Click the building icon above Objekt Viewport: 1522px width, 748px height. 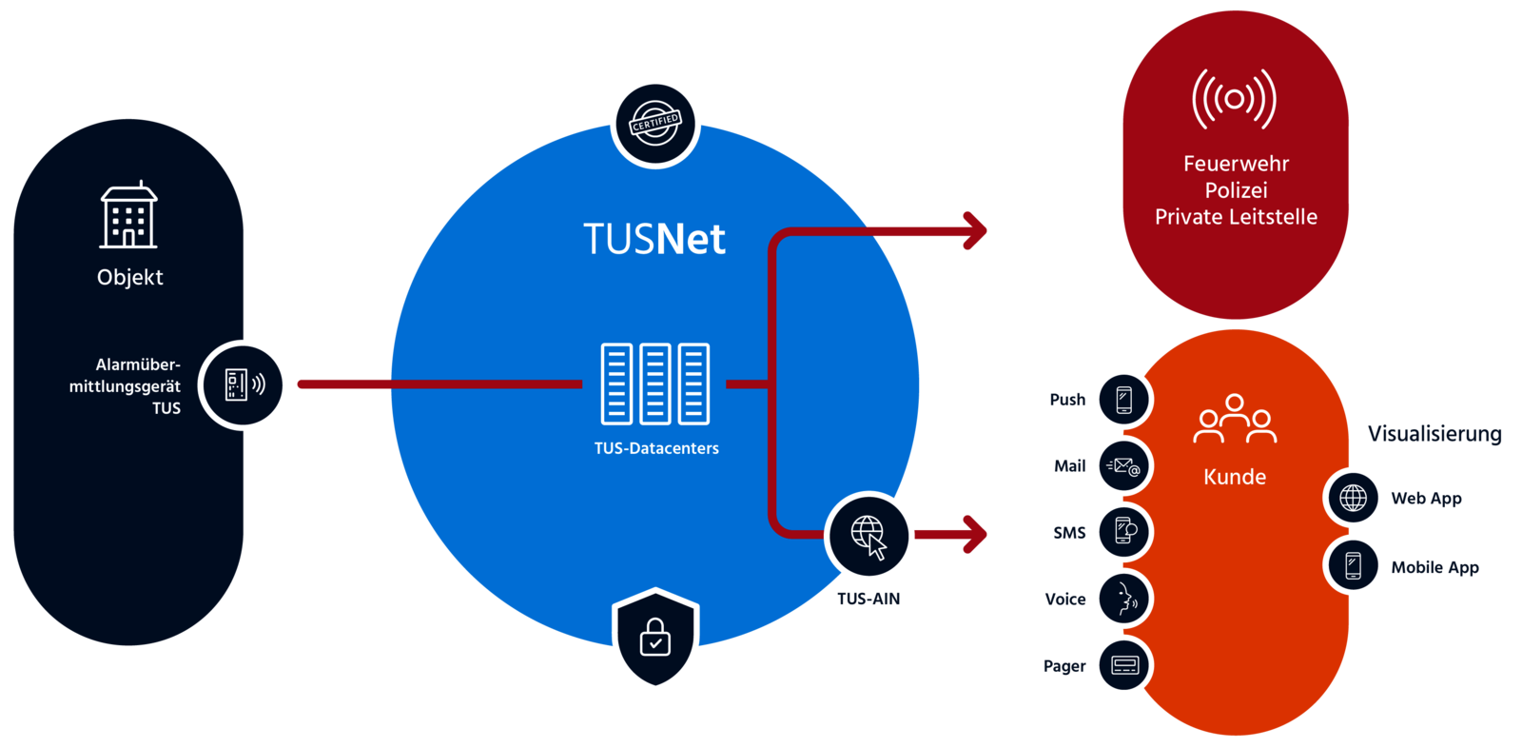click(x=129, y=216)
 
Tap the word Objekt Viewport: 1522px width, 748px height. click(x=130, y=278)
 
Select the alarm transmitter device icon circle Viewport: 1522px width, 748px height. click(x=244, y=384)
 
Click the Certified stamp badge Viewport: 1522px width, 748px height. click(x=655, y=124)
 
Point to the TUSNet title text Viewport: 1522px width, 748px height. click(x=654, y=239)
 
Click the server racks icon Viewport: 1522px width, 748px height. click(x=655, y=384)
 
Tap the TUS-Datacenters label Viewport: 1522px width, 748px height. click(x=656, y=448)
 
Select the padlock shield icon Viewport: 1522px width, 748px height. click(x=655, y=638)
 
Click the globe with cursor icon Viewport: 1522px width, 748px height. click(x=868, y=536)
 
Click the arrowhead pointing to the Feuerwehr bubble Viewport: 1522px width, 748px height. click(x=975, y=230)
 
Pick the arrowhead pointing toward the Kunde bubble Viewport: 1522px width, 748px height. click(x=975, y=534)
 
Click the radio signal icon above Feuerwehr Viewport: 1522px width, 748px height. click(x=1234, y=99)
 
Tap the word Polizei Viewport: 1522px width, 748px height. click(x=1236, y=190)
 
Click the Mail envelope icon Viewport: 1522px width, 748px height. click(x=1123, y=466)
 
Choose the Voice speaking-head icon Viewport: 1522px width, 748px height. click(x=1123, y=599)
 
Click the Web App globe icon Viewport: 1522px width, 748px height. click(x=1354, y=497)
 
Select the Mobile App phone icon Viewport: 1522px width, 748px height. click(x=1354, y=565)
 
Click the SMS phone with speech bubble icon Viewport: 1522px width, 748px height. click(x=1123, y=531)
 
